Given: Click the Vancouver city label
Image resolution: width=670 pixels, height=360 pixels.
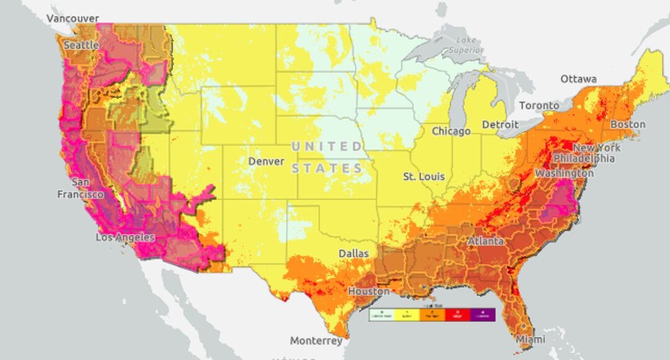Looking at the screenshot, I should (x=73, y=19).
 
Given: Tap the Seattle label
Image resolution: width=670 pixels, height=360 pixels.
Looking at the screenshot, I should (x=81, y=45).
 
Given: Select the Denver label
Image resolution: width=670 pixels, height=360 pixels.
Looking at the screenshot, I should (x=266, y=161).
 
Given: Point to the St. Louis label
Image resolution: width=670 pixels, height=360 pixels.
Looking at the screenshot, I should (x=424, y=177).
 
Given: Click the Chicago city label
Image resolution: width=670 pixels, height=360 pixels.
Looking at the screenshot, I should (x=451, y=132).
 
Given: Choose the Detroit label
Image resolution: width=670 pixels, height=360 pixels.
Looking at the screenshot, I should (x=500, y=125).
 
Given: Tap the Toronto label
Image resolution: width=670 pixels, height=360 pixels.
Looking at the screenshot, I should (x=539, y=106).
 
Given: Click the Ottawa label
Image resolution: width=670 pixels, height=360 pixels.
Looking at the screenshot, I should (x=578, y=79).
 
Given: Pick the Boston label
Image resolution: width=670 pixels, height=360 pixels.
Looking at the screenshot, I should (x=628, y=124).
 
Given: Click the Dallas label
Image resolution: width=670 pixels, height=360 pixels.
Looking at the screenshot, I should (x=353, y=254).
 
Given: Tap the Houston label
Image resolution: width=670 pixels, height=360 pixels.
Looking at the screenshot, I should (x=368, y=291).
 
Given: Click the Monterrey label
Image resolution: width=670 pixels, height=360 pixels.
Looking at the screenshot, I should (x=316, y=341).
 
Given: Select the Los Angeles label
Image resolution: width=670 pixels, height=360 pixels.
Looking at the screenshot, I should (x=125, y=238).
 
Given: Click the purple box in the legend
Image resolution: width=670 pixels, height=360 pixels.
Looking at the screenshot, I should (x=482, y=315).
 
